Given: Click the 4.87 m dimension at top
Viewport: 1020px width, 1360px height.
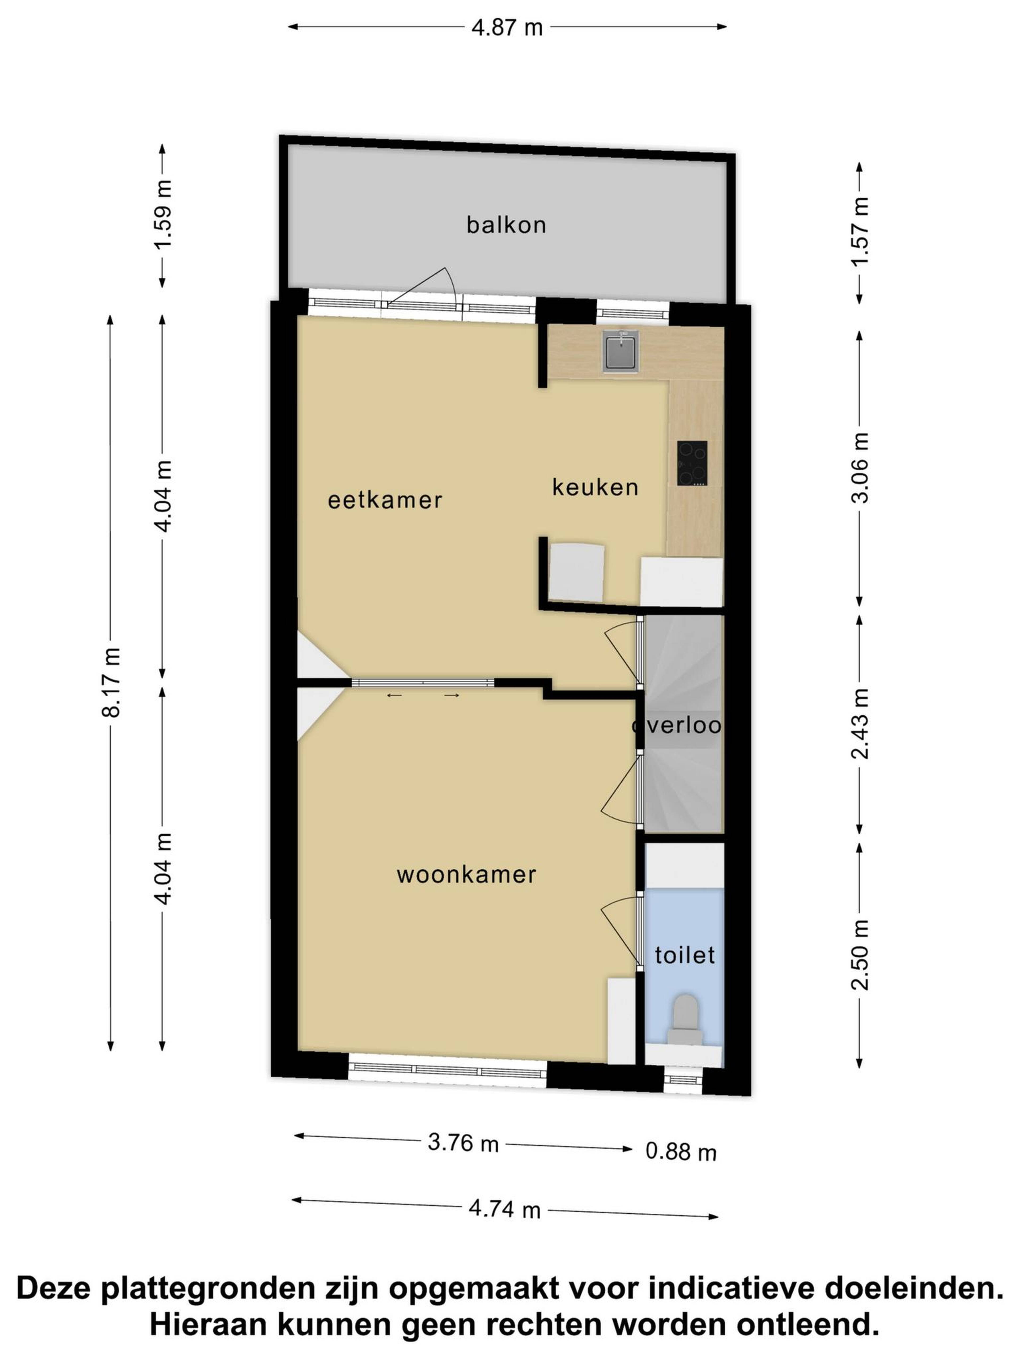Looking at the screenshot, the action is tap(507, 28).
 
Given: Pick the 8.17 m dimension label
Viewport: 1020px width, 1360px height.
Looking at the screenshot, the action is tap(111, 682).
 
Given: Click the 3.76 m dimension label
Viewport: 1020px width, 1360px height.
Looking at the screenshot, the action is tap(463, 1142).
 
